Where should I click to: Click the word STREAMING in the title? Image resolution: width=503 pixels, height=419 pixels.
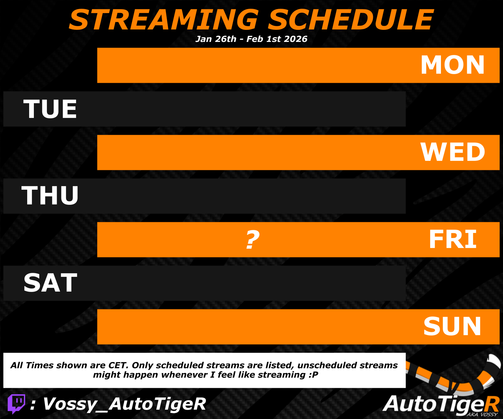click(x=164, y=20)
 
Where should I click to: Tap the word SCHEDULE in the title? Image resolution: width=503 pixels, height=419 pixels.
click(x=351, y=20)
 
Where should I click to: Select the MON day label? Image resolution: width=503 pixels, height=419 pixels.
click(x=452, y=65)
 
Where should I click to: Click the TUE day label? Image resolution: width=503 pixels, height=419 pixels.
click(x=50, y=109)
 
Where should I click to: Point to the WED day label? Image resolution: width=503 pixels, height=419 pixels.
click(x=453, y=152)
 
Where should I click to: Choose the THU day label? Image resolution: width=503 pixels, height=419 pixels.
click(x=50, y=195)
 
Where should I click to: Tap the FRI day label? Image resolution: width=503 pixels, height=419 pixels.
click(x=453, y=239)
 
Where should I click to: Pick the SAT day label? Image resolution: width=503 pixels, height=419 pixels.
click(x=50, y=283)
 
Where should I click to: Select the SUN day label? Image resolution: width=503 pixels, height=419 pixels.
click(x=452, y=326)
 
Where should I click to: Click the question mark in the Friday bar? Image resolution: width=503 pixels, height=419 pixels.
click(x=253, y=239)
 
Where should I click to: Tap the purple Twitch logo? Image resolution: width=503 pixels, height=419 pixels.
click(x=16, y=404)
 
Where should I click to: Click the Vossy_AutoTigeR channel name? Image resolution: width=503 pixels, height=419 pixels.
click(x=124, y=404)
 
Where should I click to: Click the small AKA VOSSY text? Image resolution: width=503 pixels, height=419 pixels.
click(x=482, y=414)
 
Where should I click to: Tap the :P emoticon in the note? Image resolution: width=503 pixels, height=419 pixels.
click(x=314, y=375)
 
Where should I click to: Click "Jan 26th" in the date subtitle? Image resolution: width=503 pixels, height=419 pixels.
click(x=216, y=39)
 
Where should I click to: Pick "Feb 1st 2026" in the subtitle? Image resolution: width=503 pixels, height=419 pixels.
click(x=277, y=39)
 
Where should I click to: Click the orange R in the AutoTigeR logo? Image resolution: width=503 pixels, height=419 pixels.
click(x=491, y=404)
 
